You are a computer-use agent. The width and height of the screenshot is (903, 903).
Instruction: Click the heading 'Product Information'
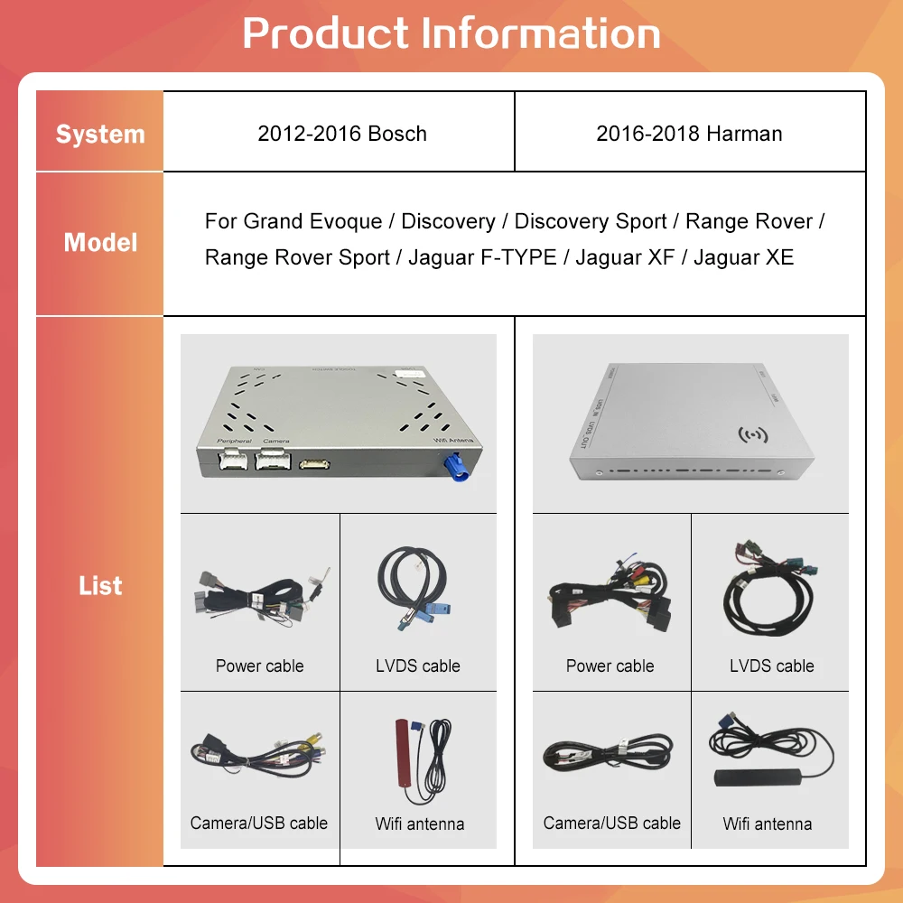tap(451, 33)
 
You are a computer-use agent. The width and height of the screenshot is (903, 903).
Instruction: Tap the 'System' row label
tap(100, 135)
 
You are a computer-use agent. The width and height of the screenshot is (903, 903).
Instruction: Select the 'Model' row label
tap(100, 242)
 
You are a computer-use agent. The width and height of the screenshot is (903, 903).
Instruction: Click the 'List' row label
tap(100, 585)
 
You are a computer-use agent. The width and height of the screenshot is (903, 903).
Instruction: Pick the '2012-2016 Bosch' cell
tap(342, 134)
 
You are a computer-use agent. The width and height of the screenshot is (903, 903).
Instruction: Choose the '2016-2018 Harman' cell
tap(689, 134)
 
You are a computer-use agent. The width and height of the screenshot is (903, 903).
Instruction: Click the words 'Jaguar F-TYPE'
tap(482, 257)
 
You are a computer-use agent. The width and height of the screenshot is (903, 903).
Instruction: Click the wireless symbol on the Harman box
tap(752, 434)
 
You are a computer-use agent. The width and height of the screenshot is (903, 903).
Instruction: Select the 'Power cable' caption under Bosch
tap(259, 666)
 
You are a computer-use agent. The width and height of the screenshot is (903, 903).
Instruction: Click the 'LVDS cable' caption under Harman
tap(771, 666)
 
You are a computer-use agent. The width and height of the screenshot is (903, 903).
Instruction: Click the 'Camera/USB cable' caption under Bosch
tap(259, 823)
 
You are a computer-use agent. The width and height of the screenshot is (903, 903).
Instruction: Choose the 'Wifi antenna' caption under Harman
tap(767, 824)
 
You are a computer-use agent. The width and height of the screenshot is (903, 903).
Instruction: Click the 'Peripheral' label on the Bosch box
tap(234, 441)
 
